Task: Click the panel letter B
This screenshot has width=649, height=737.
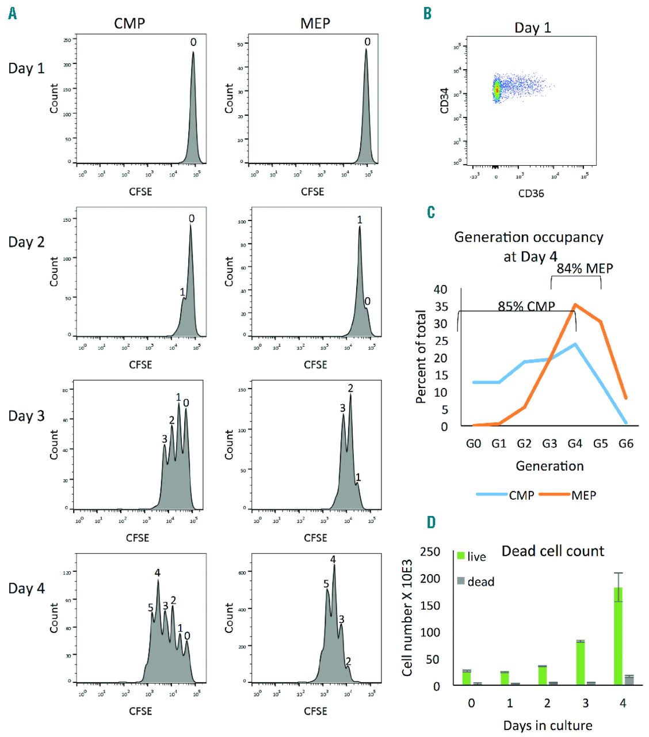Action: pyautogui.click(x=427, y=13)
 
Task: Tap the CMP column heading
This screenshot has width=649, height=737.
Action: pyautogui.click(x=129, y=24)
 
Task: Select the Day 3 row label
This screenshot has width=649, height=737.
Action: pyautogui.click(x=26, y=416)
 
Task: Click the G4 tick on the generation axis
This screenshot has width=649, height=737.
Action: pyautogui.click(x=575, y=443)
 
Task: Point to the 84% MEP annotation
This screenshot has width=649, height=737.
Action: pyautogui.click(x=585, y=268)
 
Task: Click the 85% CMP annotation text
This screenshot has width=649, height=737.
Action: pyautogui.click(x=526, y=306)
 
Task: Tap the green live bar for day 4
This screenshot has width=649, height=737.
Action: pyautogui.click(x=619, y=636)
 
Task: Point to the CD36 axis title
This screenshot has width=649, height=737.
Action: pyautogui.click(x=531, y=193)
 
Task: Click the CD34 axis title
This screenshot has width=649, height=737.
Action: pyautogui.click(x=444, y=100)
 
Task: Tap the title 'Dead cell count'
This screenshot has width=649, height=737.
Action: pyautogui.click(x=553, y=551)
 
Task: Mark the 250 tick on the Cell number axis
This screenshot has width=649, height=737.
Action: pyautogui.click(x=430, y=552)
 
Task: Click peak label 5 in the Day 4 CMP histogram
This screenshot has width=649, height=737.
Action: pyautogui.click(x=151, y=608)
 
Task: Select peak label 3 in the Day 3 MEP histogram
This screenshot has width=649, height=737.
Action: pyautogui.click(x=342, y=408)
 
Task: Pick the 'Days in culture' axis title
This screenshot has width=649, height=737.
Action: pyautogui.click(x=548, y=725)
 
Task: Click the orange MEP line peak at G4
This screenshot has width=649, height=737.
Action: pyautogui.click(x=575, y=305)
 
